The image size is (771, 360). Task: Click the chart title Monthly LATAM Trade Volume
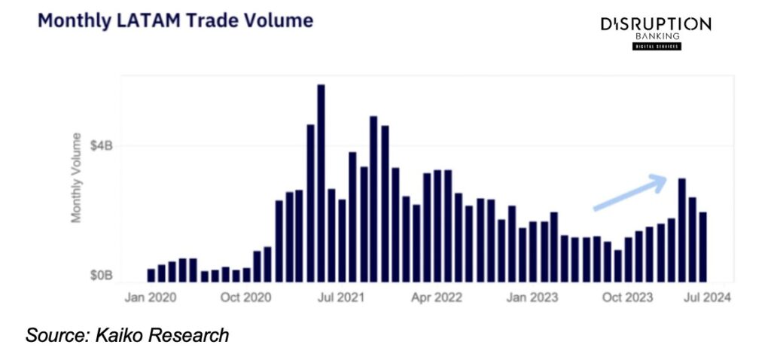pyautogui.click(x=175, y=20)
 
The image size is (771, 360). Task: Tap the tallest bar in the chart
pyautogui.click(x=321, y=183)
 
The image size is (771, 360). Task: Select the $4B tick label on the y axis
pyautogui.click(x=102, y=145)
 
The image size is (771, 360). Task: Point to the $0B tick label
pyautogui.click(x=102, y=276)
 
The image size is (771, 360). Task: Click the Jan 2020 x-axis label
pyautogui.click(x=150, y=297)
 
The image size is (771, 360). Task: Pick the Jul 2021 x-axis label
pyautogui.click(x=339, y=297)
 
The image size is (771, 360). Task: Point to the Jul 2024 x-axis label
pyautogui.click(x=705, y=297)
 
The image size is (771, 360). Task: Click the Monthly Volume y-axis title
pyautogui.click(x=76, y=178)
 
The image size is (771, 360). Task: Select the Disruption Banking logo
pyautogui.click(x=654, y=32)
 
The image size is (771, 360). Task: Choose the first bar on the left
pyautogui.click(x=151, y=275)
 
